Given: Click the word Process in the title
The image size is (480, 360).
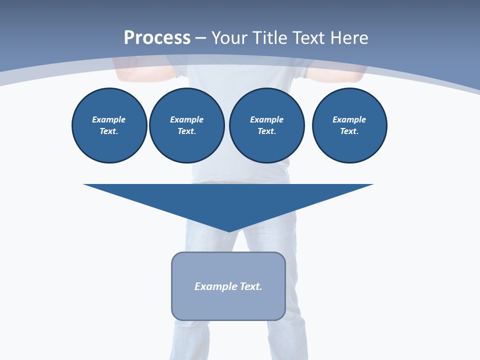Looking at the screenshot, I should click(157, 38).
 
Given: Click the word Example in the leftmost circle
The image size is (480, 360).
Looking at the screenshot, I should click(109, 119).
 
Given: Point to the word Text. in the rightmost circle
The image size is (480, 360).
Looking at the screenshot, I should click(349, 131).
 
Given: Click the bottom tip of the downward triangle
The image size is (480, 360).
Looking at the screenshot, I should click(229, 231).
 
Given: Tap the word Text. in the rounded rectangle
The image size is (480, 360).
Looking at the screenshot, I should click(251, 286).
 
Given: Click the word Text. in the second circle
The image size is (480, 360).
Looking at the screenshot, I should click(186, 131).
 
